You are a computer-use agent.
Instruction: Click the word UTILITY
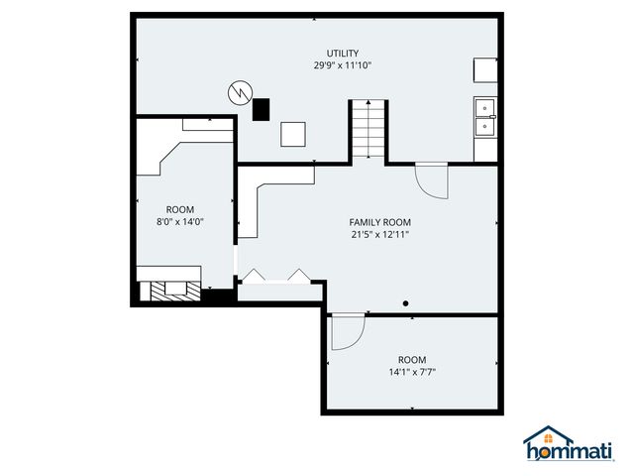click(x=343, y=54)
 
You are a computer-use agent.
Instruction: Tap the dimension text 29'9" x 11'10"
click(x=343, y=65)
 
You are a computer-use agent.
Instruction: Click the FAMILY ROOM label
click(x=379, y=222)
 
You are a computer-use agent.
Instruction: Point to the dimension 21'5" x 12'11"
click(x=379, y=235)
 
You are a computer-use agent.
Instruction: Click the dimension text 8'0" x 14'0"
click(x=179, y=222)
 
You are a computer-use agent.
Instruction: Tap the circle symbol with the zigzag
click(x=239, y=92)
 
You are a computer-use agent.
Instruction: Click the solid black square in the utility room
click(x=261, y=109)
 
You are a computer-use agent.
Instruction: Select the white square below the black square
click(x=293, y=134)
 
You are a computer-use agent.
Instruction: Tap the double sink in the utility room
click(x=485, y=115)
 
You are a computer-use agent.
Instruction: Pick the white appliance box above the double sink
click(x=484, y=69)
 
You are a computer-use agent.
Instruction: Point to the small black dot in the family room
click(x=405, y=303)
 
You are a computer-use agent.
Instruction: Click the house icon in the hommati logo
click(x=548, y=435)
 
